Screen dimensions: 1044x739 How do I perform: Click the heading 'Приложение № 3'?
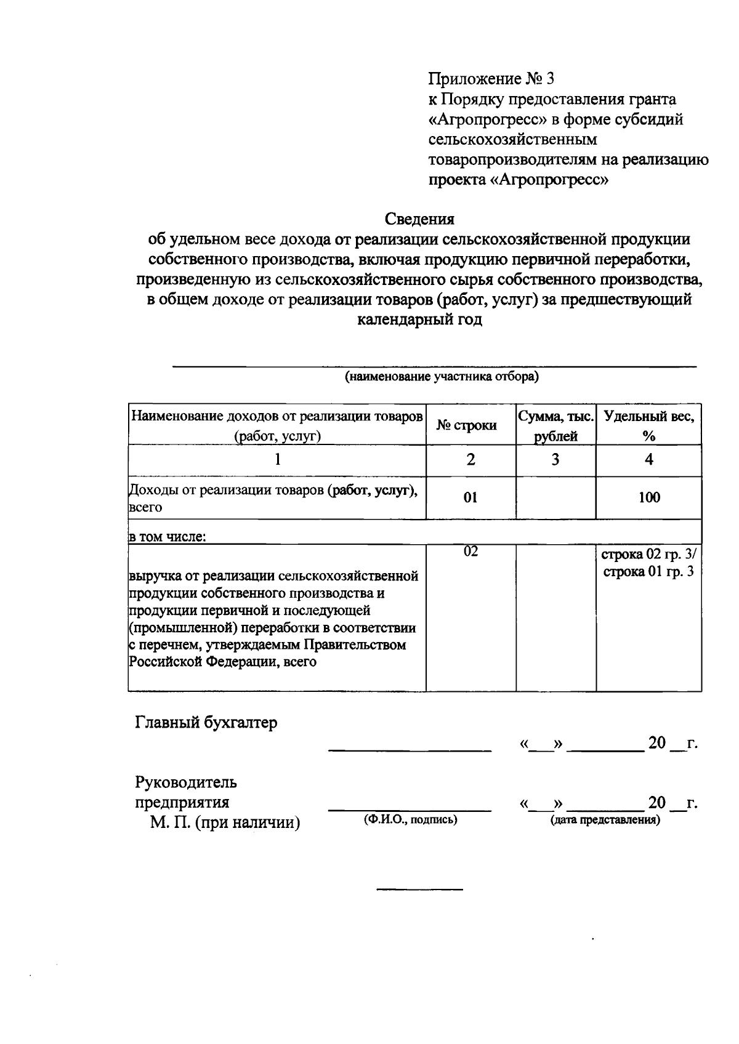tap(491, 79)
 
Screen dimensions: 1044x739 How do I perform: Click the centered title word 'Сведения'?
tap(419, 219)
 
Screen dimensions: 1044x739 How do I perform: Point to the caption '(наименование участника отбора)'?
tap(441, 377)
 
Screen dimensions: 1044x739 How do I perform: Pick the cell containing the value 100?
tap(649, 497)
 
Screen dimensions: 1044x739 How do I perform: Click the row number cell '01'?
tap(470, 497)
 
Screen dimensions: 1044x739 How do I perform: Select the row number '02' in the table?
tap(470, 552)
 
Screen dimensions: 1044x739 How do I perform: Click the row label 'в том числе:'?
tap(167, 536)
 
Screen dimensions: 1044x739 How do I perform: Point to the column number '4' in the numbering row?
tap(648, 460)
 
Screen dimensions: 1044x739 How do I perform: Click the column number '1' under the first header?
tap(277, 460)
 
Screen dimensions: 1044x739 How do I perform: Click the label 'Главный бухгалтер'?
tap(206, 722)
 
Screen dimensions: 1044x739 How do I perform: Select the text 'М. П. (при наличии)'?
tap(225, 822)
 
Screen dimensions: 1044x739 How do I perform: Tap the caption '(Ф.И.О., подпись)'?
tap(410, 819)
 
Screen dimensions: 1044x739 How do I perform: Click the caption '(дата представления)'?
tap(605, 819)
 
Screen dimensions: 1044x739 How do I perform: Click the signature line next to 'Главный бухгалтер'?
tap(410, 750)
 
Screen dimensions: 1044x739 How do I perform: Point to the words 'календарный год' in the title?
tap(419, 320)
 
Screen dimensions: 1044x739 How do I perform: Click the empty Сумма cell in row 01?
tap(555, 497)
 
